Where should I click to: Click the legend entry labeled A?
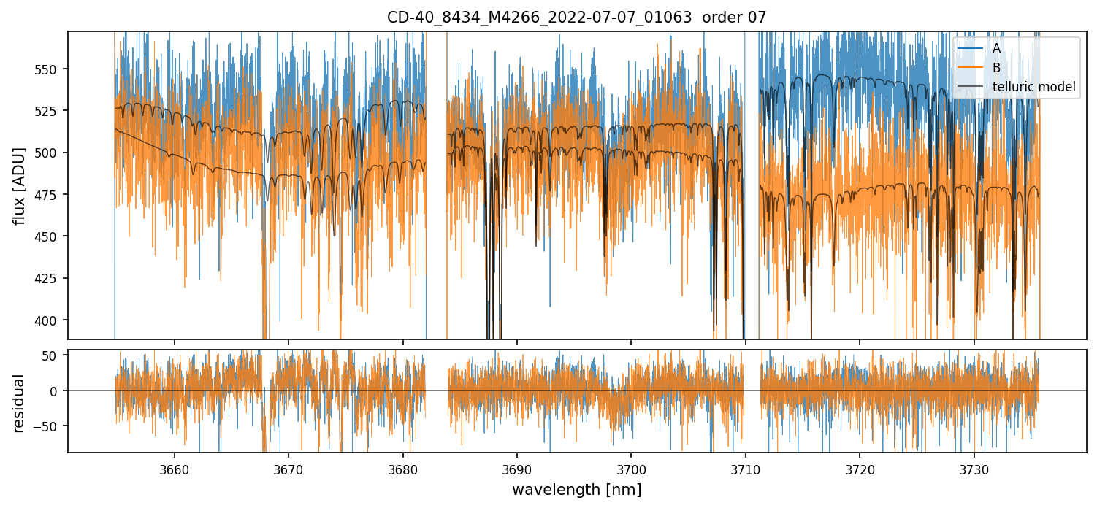tap(996, 49)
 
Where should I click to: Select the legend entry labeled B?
tap(996, 69)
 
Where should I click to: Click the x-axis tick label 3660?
tap(174, 468)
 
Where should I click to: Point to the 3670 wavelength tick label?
tap(288, 468)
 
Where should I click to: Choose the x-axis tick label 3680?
tap(402, 468)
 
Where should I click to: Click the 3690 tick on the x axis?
tap(516, 468)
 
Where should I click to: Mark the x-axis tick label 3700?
tap(631, 468)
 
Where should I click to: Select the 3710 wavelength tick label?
tap(745, 468)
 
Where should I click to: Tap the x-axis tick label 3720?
tap(859, 468)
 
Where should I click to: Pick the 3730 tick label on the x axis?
tap(974, 468)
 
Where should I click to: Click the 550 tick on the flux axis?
tap(53, 69)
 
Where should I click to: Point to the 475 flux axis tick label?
tap(53, 195)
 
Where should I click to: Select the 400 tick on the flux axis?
tap(53, 320)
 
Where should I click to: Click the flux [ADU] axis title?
tap(20, 185)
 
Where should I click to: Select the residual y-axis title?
tap(20, 402)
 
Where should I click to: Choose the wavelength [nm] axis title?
tap(576, 490)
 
